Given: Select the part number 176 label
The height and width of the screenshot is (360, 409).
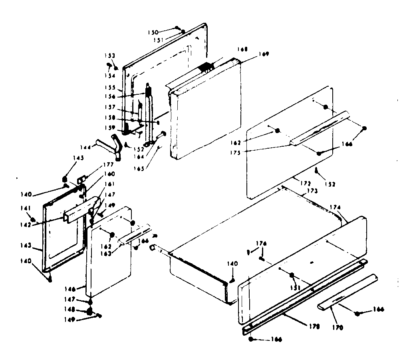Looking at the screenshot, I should (262, 243).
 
